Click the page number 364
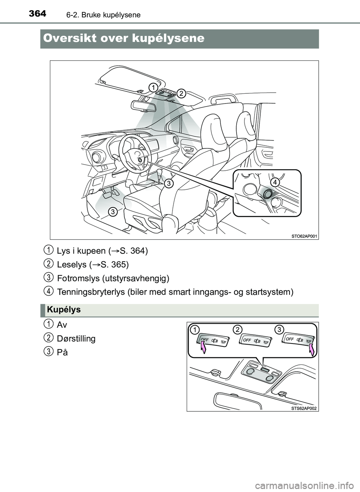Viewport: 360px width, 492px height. pyautogui.click(x=37, y=14)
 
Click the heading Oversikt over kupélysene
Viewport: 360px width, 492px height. pyautogui.click(x=124, y=38)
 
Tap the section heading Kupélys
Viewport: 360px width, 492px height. pyautogui.click(x=64, y=310)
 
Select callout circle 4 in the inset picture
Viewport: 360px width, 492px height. pyautogui.click(x=274, y=182)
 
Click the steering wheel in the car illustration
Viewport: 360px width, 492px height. pyautogui.click(x=135, y=152)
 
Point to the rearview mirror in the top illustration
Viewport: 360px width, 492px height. pyautogui.click(x=143, y=105)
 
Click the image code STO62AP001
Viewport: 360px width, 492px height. pyautogui.click(x=304, y=236)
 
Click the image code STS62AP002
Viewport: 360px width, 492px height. pyautogui.click(x=304, y=408)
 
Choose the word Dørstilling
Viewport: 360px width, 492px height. pyautogui.click(x=76, y=339)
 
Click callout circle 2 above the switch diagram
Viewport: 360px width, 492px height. pyautogui.click(x=237, y=330)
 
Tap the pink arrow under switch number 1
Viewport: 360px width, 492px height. pyautogui.click(x=203, y=348)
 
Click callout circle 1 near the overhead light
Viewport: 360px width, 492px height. pyautogui.click(x=153, y=87)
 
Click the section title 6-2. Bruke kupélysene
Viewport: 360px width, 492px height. pyautogui.click(x=103, y=15)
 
